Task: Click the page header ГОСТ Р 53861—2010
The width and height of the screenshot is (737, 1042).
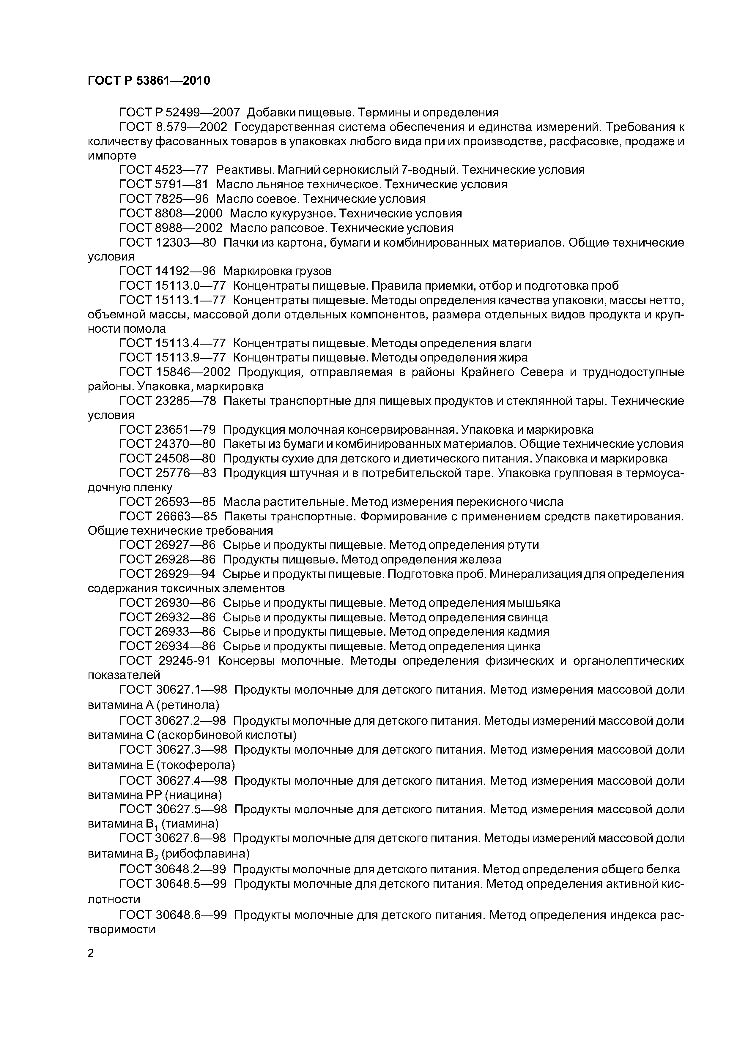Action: click(x=149, y=81)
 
